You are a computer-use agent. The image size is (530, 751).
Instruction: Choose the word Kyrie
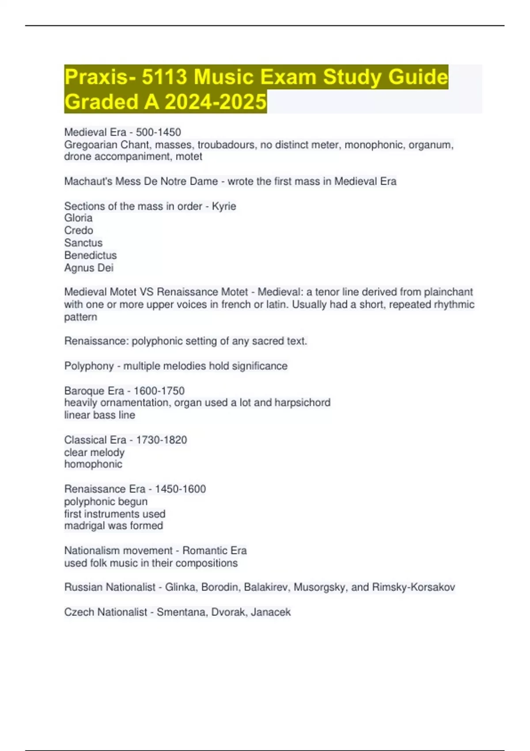224,206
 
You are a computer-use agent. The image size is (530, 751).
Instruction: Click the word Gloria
78,218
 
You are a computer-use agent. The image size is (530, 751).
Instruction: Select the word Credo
79,230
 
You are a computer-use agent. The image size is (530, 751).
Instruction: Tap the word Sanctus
83,243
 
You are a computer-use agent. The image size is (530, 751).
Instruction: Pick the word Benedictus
91,255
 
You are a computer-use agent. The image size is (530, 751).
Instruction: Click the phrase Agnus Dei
89,268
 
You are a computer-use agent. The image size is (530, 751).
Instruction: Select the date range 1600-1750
159,391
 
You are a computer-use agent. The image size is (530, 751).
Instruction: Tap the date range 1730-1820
161,440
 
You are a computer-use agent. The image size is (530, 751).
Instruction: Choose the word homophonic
93,464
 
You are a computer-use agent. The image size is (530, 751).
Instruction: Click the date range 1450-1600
180,489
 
